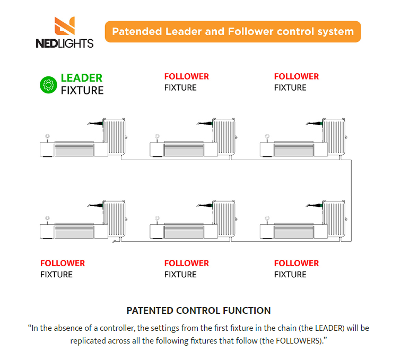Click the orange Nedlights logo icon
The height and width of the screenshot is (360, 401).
point(65,27)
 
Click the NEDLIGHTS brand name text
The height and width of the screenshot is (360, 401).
point(65,43)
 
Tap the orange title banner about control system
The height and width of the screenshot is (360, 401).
point(233,31)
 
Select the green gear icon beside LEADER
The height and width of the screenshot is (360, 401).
point(48,84)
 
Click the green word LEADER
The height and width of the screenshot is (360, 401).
point(82,78)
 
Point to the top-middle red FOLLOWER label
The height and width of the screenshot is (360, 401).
point(186,76)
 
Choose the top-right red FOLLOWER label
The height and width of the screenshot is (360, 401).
point(296,76)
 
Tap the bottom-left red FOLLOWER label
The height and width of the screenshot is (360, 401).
point(63,263)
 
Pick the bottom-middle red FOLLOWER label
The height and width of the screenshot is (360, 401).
point(186,263)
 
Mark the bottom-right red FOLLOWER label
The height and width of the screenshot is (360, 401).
point(296,263)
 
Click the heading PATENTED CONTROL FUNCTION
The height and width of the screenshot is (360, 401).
point(198,311)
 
